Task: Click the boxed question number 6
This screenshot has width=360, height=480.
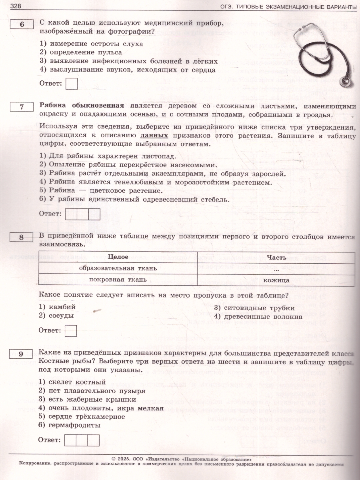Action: [x=22, y=25]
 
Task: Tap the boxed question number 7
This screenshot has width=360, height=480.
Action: [x=22, y=107]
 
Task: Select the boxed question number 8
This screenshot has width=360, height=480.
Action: [x=22, y=238]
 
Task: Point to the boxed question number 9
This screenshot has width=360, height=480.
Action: [x=22, y=354]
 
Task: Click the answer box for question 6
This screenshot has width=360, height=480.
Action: [x=71, y=84]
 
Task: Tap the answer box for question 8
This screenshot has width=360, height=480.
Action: [x=70, y=330]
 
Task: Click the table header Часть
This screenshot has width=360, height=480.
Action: [x=276, y=257]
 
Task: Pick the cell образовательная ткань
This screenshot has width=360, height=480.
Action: [x=118, y=268]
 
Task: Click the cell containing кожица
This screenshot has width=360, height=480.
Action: [x=276, y=280]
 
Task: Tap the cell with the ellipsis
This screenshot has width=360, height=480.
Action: [x=276, y=268]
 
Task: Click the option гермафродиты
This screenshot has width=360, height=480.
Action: [x=74, y=426]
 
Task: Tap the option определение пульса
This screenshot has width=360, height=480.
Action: [x=86, y=52]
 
